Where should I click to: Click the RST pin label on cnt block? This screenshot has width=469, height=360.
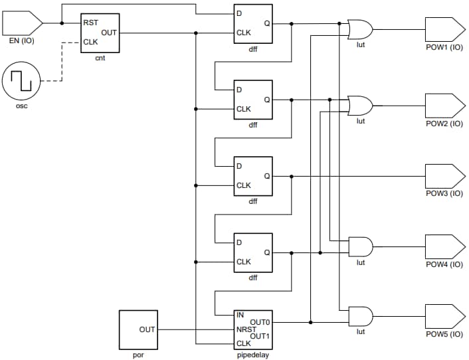click(90, 23)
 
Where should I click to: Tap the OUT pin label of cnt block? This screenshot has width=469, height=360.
click(110, 32)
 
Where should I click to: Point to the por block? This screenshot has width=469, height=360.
click(138, 329)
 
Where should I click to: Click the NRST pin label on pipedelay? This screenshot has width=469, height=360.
click(246, 329)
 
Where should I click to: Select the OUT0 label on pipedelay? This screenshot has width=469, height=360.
click(260, 322)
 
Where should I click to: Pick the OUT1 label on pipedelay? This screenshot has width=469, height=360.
click(260, 335)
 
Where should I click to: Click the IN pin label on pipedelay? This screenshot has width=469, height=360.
click(240, 315)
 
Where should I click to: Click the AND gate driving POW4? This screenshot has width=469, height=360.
click(361, 247)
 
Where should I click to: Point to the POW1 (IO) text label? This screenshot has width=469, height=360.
click(444, 48)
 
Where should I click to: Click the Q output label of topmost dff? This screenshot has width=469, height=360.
click(266, 23)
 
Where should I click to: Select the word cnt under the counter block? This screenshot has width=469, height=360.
click(100, 58)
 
